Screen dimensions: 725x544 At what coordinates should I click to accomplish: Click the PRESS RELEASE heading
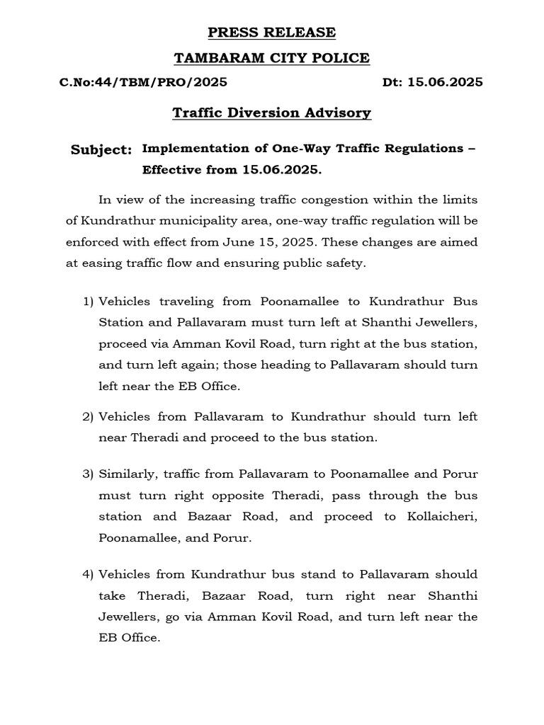(272, 33)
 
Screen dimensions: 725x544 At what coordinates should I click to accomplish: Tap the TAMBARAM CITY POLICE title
(272, 57)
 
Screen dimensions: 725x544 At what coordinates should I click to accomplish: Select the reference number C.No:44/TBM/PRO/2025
(143, 82)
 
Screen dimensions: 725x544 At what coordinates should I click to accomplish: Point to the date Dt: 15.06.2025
(433, 82)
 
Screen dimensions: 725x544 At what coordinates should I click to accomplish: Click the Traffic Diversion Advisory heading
(272, 113)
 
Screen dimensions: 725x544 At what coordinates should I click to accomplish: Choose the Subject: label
(101, 150)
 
